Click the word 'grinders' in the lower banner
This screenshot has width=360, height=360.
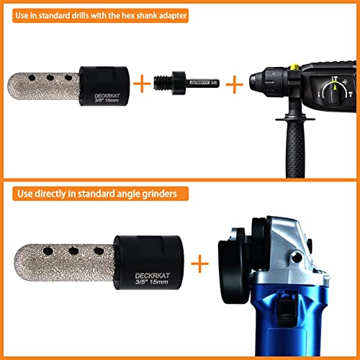pyautogui.click(x=163, y=194)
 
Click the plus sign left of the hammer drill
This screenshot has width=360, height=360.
pyautogui.click(x=235, y=84)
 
